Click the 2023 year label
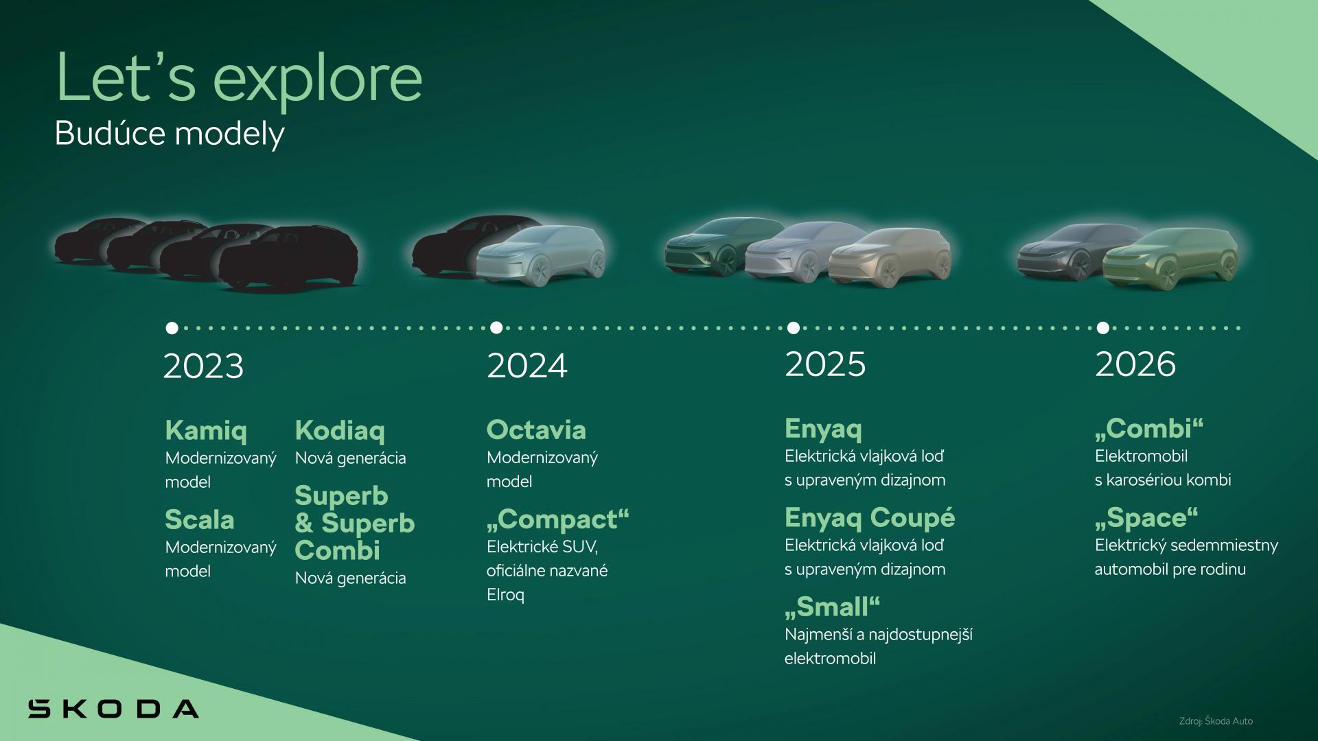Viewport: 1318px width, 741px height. (203, 366)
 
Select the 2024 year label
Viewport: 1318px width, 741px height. (527, 366)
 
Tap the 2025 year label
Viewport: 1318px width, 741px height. (825, 364)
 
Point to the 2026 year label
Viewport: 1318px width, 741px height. (1135, 364)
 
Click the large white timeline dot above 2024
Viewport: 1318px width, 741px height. (496, 328)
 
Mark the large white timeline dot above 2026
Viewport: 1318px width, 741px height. (1103, 328)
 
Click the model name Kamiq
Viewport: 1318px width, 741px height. (206, 431)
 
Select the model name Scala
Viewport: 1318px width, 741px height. (200, 520)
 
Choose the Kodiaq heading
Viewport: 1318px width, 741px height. (340, 431)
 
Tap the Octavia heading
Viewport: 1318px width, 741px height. (536, 430)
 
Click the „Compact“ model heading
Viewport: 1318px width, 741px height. (557, 520)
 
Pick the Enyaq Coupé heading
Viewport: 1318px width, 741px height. (870, 518)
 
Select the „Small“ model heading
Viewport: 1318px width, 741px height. (832, 607)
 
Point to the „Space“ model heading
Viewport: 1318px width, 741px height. (1146, 518)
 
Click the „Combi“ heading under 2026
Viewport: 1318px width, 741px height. (1149, 429)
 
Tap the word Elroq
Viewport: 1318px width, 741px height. (505, 595)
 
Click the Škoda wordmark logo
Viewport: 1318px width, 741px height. (113, 708)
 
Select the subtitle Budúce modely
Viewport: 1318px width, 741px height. (170, 134)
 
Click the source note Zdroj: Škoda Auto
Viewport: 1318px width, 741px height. (1216, 721)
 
